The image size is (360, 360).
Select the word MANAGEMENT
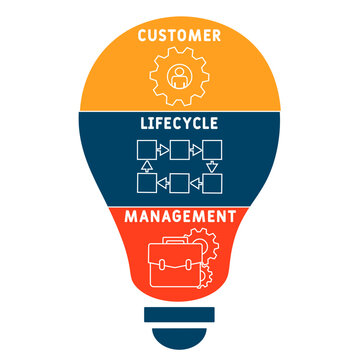click(180, 214)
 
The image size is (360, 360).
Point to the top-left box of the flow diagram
click(148, 152)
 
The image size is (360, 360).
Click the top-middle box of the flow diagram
click(180, 152)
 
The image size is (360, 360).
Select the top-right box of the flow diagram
click(212, 152)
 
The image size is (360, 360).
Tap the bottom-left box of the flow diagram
click(148, 183)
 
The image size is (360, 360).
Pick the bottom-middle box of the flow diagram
click(180, 183)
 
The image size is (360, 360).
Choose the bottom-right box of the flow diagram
click(212, 183)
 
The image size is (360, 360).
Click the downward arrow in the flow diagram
click(212, 167)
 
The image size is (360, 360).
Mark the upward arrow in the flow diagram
click(148, 167)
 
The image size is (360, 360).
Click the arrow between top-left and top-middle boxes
click(164, 152)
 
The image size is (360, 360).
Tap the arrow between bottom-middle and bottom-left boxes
click(164, 183)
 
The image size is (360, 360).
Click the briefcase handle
click(172, 241)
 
